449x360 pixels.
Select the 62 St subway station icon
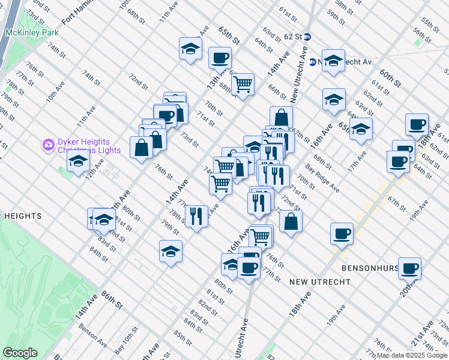[307, 37]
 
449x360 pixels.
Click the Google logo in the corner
[19, 353]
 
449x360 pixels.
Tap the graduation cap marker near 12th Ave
[78, 161]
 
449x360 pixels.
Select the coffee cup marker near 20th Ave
[409, 268]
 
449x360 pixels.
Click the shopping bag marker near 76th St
[141, 148]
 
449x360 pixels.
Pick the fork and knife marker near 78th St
[196, 216]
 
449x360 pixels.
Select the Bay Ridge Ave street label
[322, 179]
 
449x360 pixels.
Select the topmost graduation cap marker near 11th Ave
[190, 49]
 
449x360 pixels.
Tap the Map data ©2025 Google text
[412, 355]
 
